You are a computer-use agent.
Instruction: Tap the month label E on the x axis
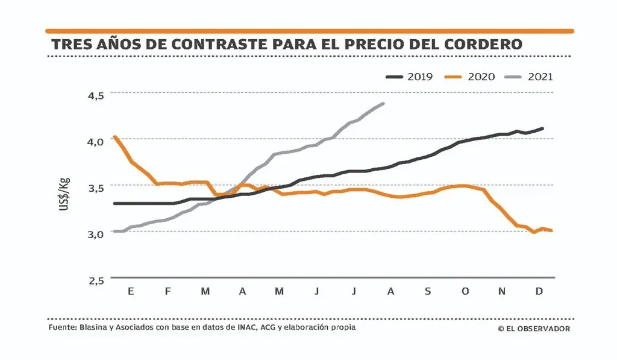pyautogui.click(x=131, y=292)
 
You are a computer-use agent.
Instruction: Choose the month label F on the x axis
pyautogui.click(x=168, y=292)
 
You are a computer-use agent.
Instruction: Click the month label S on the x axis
pyautogui.click(x=428, y=292)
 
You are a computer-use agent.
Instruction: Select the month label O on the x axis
pyautogui.click(x=465, y=292)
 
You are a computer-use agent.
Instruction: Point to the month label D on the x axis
pyautogui.click(x=539, y=292)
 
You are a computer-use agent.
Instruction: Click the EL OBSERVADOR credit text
pyautogui.click(x=534, y=329)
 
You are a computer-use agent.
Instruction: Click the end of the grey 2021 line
pyautogui.click(x=383, y=104)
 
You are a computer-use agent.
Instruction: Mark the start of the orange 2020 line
pyautogui.click(x=114, y=137)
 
